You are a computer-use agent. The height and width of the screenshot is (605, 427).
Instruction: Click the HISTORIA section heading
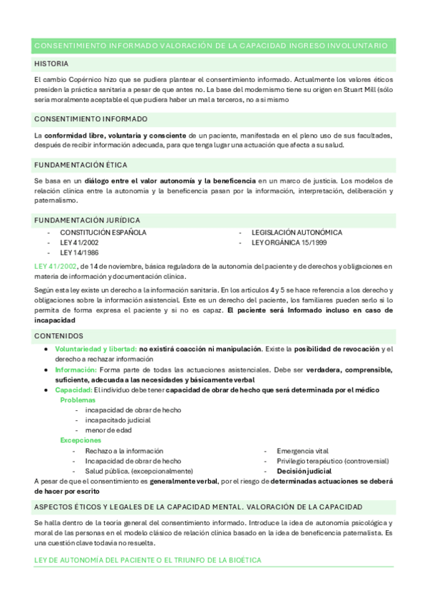52,63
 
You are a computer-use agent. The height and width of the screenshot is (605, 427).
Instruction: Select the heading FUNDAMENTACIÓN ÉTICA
81,165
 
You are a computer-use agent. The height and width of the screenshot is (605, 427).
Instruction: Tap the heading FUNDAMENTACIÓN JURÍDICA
87,220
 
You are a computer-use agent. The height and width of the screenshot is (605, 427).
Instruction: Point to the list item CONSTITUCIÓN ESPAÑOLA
103,233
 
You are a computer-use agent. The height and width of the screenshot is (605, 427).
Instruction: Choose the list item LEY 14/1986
79,253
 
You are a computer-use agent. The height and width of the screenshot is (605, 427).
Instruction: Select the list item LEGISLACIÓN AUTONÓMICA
297,233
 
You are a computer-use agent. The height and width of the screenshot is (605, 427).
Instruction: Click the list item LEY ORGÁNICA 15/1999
289,243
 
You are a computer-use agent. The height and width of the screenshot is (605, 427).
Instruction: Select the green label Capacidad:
74,390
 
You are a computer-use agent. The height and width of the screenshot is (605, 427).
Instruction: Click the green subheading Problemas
78,400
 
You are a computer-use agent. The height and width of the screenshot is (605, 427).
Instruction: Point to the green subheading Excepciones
81,440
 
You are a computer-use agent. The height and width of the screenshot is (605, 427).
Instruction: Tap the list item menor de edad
108,430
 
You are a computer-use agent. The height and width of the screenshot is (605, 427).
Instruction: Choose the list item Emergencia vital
302,451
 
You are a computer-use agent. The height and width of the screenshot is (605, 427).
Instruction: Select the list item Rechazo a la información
124,451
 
